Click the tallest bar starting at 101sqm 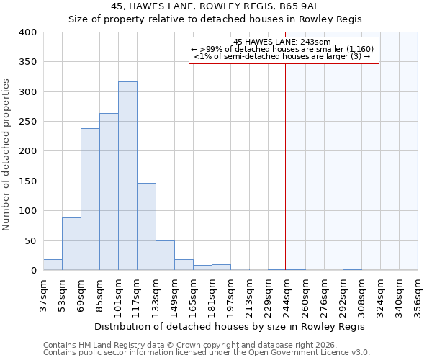tap(127, 176)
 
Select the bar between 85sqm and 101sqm tap(109, 192)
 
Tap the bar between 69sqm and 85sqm tap(90, 199)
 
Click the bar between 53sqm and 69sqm tap(71, 244)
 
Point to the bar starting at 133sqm tap(165, 256)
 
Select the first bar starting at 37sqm tap(53, 265)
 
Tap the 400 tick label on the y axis tap(28, 32)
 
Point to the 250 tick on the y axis tap(28, 122)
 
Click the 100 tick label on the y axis tap(28, 211)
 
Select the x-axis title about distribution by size tap(230, 326)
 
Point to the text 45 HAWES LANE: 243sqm tap(282, 42)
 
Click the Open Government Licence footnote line tap(207, 353)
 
